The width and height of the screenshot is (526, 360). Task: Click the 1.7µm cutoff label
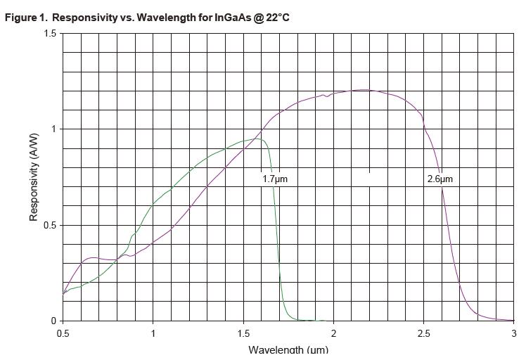tap(275, 179)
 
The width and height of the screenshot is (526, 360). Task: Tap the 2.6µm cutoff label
tap(440, 179)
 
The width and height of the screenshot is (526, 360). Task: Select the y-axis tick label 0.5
tap(49, 225)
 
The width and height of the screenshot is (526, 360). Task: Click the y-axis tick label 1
tap(53, 129)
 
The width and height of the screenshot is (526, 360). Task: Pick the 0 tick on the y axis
tap(53, 321)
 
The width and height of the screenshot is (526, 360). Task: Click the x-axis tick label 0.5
tap(63, 333)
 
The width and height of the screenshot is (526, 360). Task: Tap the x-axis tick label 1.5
tap(243, 333)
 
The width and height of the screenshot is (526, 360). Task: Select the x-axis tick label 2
tap(333, 333)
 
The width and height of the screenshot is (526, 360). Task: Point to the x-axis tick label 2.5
tap(424, 333)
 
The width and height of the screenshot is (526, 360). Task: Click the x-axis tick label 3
tap(514, 333)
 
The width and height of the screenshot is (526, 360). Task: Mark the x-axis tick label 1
tap(153, 333)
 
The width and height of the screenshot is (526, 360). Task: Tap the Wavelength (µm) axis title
tap(288, 349)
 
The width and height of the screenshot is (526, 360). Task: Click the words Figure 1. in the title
tap(26, 17)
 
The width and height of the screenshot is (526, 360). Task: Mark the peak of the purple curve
tap(362, 90)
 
